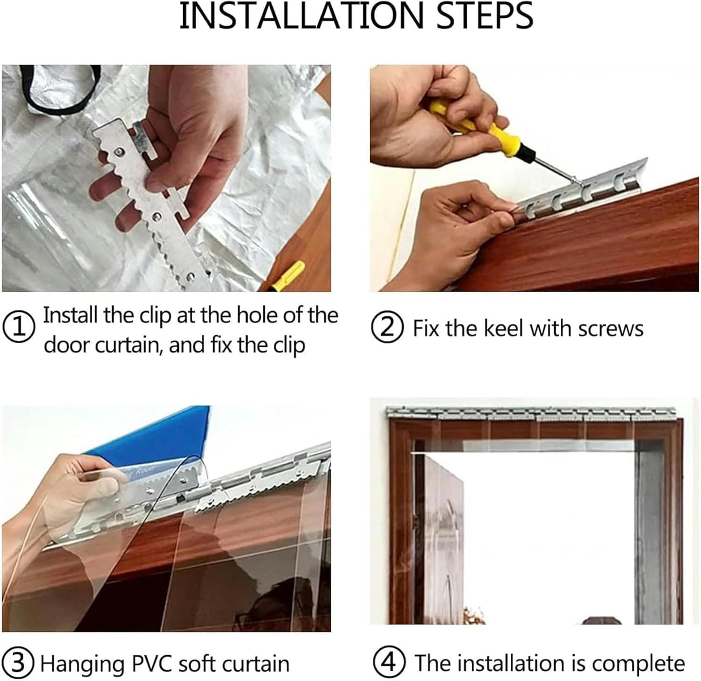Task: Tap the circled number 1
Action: [x=19, y=327]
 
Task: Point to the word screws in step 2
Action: [x=611, y=329]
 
